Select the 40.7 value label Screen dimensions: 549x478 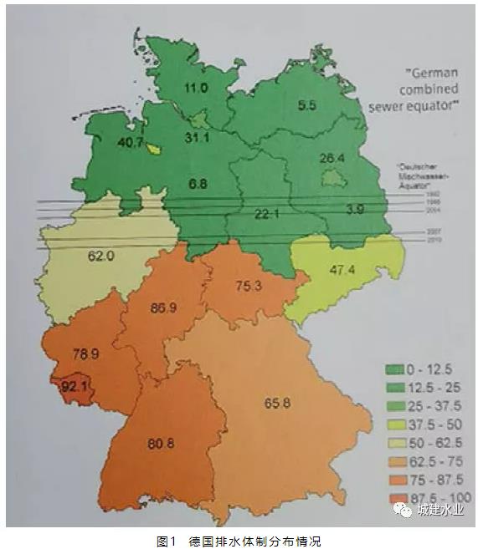130,143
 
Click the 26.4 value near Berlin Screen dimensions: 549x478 332,159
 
